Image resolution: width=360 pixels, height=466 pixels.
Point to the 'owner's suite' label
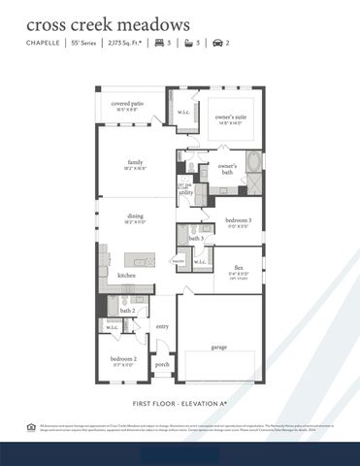(234, 116)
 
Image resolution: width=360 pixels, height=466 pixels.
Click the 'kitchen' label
(127, 277)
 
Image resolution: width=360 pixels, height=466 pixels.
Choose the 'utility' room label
(185, 192)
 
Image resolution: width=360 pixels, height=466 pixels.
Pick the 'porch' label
(162, 365)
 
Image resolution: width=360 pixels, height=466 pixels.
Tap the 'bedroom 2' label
(122, 358)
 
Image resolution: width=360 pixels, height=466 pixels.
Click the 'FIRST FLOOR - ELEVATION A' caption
(180, 401)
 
